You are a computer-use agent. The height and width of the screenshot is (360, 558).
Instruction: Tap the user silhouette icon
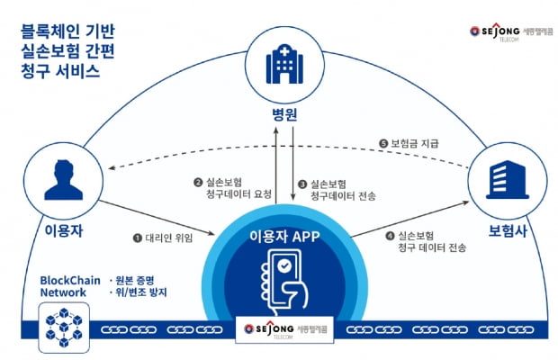(57, 180)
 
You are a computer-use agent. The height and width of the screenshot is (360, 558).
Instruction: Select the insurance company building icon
(500, 181)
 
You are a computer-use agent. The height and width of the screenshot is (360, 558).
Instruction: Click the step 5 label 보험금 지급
(413, 144)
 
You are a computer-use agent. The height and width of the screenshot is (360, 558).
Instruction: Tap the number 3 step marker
(303, 182)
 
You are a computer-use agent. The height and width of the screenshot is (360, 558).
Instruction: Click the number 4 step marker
(388, 236)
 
